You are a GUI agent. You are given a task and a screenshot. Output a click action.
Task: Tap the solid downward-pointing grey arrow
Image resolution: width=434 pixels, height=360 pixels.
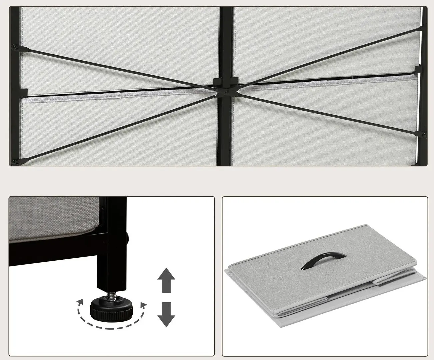pos(166,314)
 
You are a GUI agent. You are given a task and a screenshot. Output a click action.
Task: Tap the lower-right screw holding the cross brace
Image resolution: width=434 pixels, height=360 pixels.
pos(424,135)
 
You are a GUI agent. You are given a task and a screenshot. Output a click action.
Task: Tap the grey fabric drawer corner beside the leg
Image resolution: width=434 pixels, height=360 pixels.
pos(53,218)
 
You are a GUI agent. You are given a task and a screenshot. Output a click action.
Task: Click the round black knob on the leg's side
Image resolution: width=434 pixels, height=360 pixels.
pos(127,238)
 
